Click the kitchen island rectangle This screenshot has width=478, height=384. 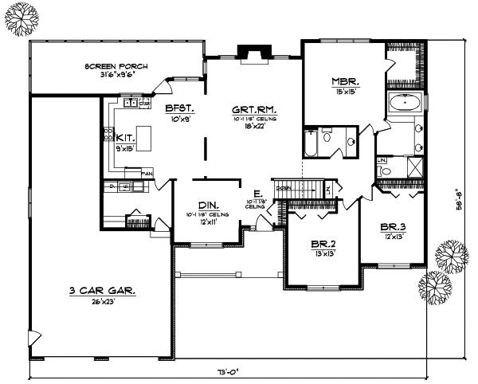[144, 133]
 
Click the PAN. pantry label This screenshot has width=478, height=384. [147, 172]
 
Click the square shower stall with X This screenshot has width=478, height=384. [415, 167]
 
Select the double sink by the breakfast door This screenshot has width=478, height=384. [131, 103]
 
